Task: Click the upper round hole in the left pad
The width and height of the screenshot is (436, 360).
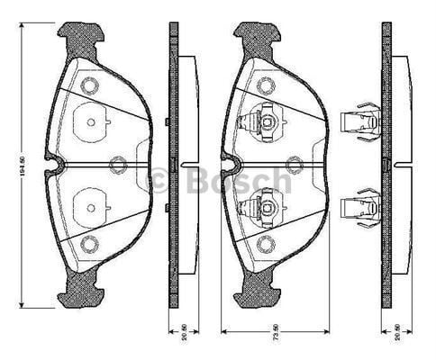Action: coord(88,86)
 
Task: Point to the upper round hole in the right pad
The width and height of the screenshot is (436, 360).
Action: coord(265,86)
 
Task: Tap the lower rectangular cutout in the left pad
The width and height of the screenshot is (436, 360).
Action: coord(90,209)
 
